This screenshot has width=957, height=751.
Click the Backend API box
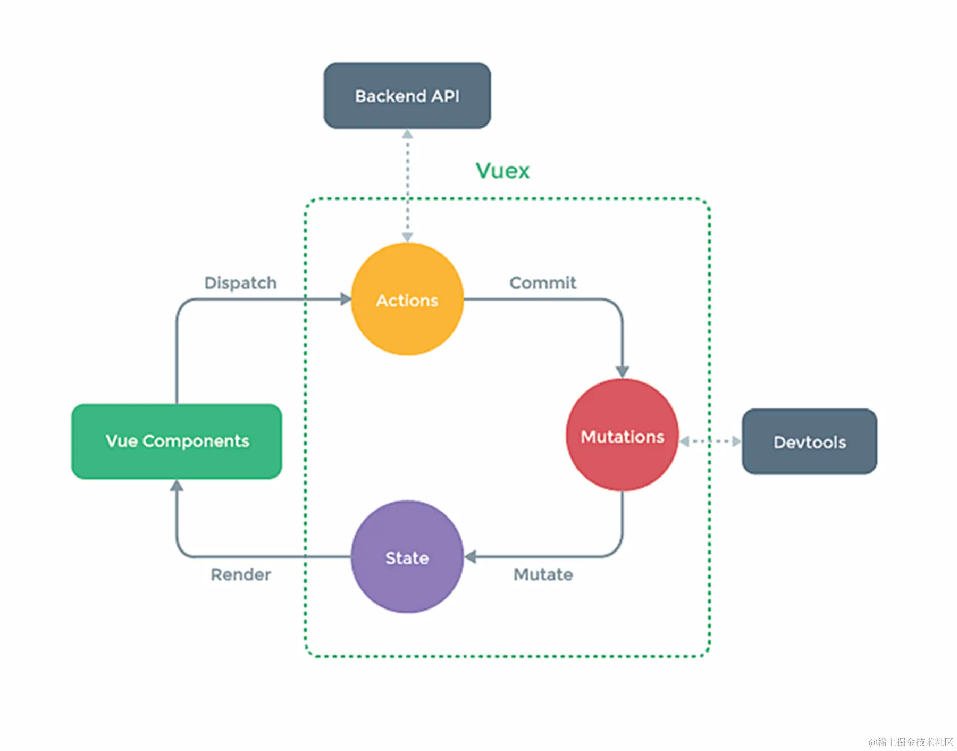coord(407,96)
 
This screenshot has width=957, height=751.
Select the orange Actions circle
coord(407,299)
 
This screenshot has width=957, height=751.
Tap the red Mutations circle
coord(622,436)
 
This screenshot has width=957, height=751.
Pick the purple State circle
coord(407,557)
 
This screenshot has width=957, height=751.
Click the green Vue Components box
coord(177,441)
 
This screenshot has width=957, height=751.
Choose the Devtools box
coord(809,441)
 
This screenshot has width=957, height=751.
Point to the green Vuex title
coord(502,171)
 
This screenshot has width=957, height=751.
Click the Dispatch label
coord(240,282)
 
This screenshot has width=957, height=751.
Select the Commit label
coord(542,282)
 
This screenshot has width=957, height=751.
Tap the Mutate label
coord(543,574)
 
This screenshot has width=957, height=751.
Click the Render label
coord(240,574)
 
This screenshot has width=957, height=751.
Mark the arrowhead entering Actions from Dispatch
coord(346,299)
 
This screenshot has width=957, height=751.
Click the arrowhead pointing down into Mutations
coord(622,371)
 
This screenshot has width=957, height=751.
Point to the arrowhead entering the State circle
coord(471,557)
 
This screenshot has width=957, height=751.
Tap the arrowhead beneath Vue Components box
coord(177,486)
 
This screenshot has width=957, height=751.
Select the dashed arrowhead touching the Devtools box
coord(736,441)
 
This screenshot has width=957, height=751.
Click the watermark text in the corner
coord(910,741)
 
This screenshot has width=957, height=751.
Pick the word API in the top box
coord(445,96)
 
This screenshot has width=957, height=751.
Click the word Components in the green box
coord(196,441)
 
